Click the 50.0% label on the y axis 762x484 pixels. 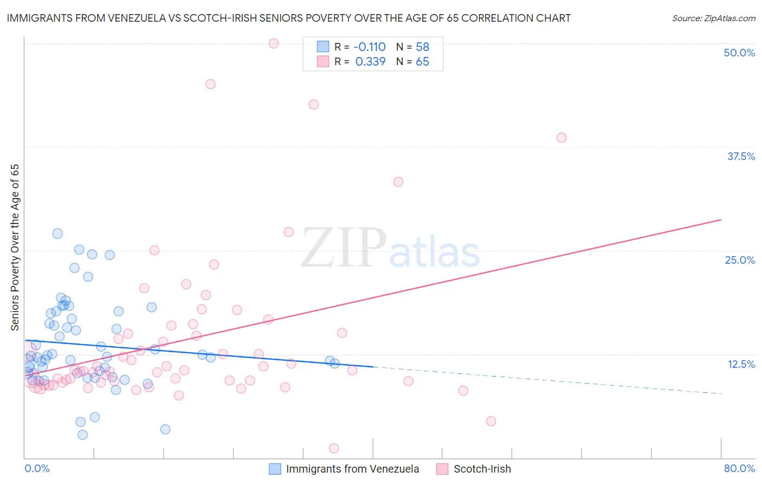point(739,53)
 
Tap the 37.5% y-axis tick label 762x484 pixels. point(741,156)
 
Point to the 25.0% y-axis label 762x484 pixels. point(740,260)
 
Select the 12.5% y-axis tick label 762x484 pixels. point(741,364)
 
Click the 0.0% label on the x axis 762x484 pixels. point(37,468)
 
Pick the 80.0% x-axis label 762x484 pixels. point(739,468)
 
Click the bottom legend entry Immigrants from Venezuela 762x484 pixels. point(352,469)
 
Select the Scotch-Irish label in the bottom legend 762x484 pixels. point(482,469)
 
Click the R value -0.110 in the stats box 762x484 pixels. point(370,47)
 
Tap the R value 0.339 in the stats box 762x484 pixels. point(370,62)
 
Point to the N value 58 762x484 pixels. point(422,47)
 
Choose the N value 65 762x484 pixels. point(422,62)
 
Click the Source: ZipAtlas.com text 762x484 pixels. point(713,18)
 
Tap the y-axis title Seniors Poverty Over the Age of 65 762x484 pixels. point(15,247)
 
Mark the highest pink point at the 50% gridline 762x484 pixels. point(274,43)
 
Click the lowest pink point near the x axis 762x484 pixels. point(334,448)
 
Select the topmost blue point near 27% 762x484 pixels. point(57,234)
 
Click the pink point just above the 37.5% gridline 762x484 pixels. point(561,138)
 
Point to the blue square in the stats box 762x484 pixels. point(323,47)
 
